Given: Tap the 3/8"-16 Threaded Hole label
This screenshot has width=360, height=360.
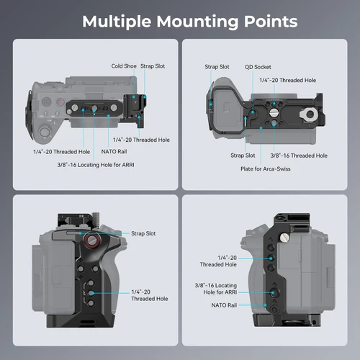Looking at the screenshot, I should coord(299,155).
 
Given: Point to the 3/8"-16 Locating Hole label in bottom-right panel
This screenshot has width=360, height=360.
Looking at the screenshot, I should coord(216,289).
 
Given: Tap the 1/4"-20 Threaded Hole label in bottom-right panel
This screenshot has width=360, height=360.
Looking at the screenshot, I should coord(217,261).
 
